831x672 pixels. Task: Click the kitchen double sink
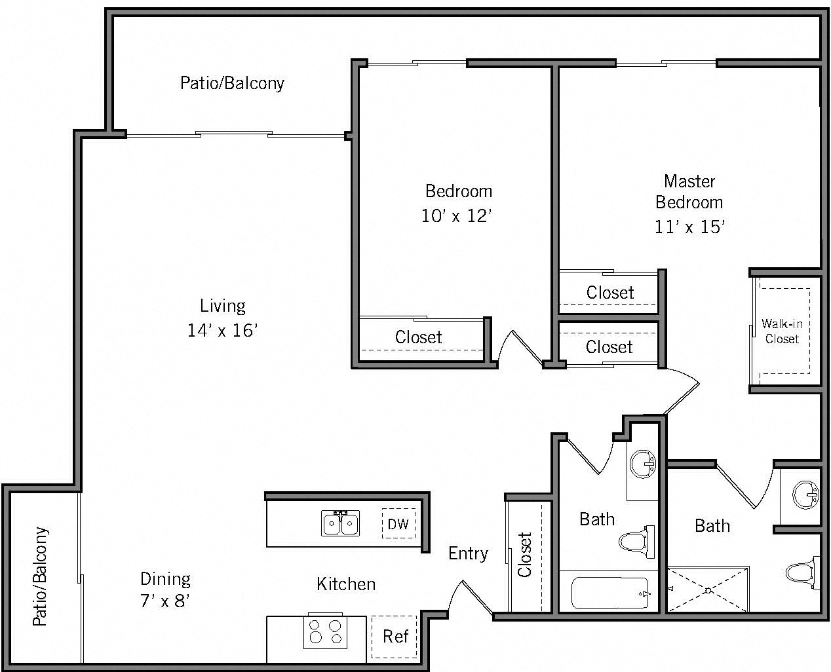(340, 523)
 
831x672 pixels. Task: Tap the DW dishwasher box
(398, 524)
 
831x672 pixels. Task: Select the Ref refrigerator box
(395, 637)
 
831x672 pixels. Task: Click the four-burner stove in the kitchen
(325, 631)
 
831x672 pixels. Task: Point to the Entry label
(468, 553)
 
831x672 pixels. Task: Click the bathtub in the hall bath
(610, 593)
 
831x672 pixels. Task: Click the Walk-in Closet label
(782, 331)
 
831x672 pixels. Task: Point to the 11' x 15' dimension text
(689, 227)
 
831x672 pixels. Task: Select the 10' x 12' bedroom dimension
(456, 215)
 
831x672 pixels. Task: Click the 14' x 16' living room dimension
(222, 330)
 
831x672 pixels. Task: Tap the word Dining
(165, 579)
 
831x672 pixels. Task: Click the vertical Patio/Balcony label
(40, 576)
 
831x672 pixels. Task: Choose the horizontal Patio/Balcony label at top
(232, 83)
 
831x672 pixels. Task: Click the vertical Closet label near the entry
(525, 554)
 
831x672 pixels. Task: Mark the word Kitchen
(346, 584)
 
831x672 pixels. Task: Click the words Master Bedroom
(689, 191)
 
